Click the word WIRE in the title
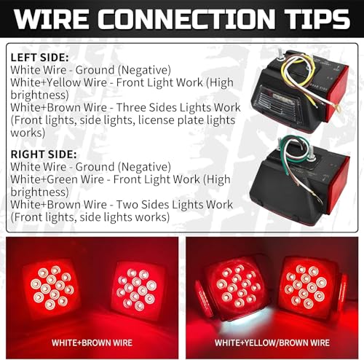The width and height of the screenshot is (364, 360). pyautogui.click(x=52, y=19)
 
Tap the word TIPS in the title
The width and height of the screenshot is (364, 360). pyautogui.click(x=317, y=19)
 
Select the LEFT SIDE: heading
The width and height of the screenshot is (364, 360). pyautogui.click(x=39, y=58)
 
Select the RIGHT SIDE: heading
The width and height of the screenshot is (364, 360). pyautogui.click(x=44, y=154)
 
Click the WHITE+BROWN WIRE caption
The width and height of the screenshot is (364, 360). pyautogui.click(x=92, y=343)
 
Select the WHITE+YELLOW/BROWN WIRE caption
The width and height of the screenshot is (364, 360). pyautogui.click(x=272, y=343)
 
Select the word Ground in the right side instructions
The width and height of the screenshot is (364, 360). pyautogui.click(x=95, y=167)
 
